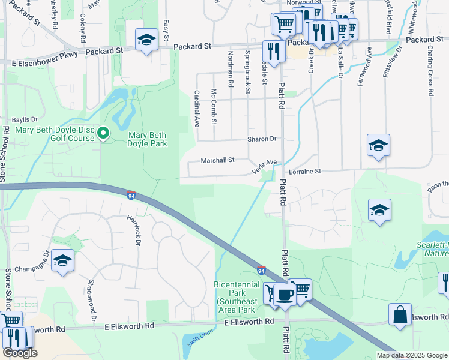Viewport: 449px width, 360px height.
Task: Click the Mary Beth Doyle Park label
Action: pos(147,139)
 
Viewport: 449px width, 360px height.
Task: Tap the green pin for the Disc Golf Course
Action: pos(103,133)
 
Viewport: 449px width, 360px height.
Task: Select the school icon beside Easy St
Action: pos(146,40)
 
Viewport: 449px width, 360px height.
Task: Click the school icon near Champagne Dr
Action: pos(62,261)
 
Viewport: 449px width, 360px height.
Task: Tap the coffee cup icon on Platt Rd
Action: pos(285,295)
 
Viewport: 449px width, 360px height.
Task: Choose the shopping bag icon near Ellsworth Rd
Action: pos(400,315)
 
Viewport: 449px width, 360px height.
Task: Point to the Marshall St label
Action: pos(217,161)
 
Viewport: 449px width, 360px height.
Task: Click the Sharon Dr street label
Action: pos(262,139)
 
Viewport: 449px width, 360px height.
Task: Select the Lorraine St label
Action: pos(305,171)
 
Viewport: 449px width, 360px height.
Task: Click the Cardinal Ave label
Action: pos(196,108)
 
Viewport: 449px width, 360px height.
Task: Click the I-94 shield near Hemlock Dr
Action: pos(131,196)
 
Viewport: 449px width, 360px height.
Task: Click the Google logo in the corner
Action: pos(20,353)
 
